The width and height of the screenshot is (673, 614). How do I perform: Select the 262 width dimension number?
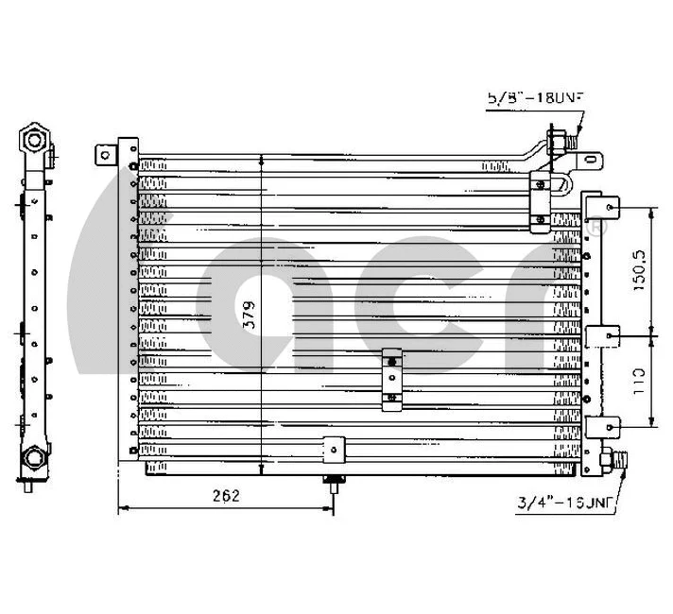click(x=224, y=495)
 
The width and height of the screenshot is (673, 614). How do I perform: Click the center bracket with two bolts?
click(x=391, y=379)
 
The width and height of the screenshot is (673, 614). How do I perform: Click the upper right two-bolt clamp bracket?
click(x=540, y=200)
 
